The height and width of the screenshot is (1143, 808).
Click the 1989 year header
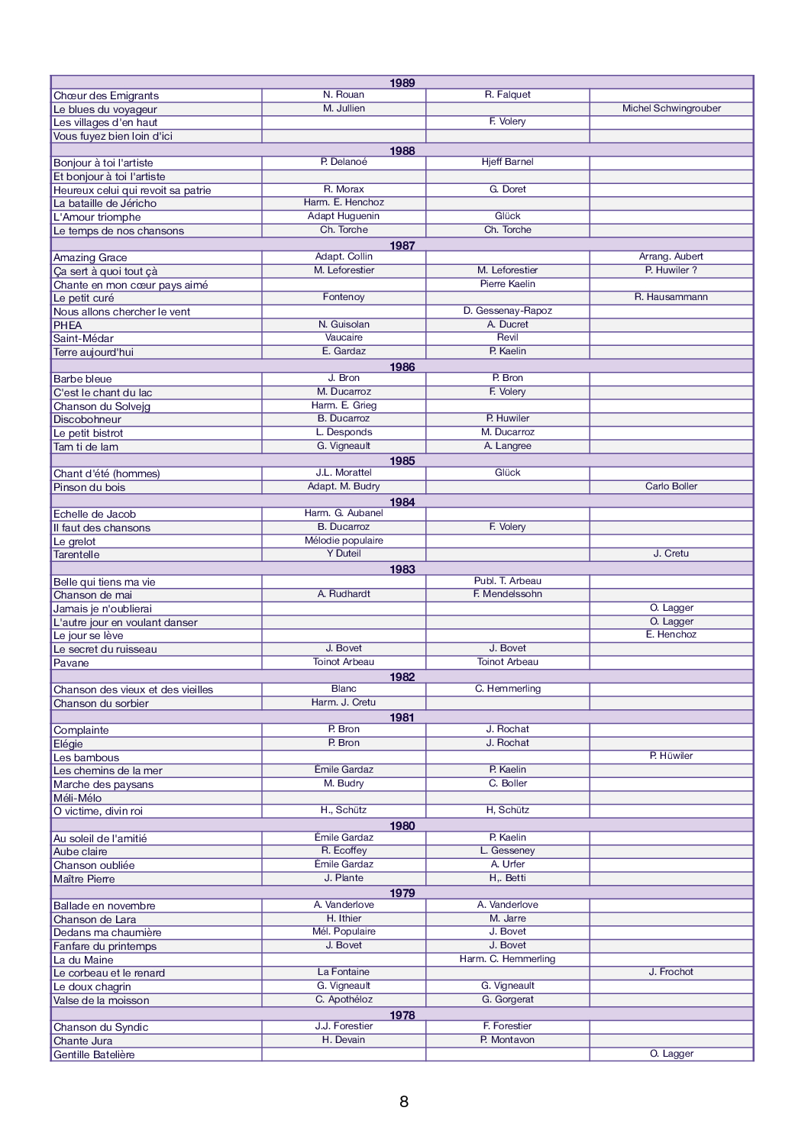point(402,83)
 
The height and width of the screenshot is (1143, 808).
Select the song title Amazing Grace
point(90,258)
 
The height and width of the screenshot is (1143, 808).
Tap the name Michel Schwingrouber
point(671,108)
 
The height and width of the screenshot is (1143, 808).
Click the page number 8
point(404,1101)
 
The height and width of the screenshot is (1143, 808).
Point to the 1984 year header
point(402,502)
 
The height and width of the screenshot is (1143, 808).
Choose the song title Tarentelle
point(76,555)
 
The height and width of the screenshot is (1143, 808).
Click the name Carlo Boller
point(671,486)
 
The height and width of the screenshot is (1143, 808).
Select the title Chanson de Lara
point(95,920)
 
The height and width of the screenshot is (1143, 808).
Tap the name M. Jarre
point(507,919)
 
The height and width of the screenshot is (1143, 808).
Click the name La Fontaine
point(344,972)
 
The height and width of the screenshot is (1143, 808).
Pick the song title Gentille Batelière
point(94,1055)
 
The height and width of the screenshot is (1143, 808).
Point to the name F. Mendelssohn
point(507,594)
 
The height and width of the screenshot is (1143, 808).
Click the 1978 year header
point(402,1015)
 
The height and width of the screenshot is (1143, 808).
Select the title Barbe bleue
point(82,379)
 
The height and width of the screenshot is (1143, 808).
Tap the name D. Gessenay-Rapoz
point(507,311)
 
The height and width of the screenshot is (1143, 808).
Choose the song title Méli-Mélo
point(77,799)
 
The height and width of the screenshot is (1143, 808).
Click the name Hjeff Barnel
point(507,162)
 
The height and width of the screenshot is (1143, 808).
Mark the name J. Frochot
point(671,972)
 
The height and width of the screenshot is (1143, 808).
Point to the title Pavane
point(71,664)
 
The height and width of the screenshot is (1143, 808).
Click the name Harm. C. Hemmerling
point(507,959)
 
